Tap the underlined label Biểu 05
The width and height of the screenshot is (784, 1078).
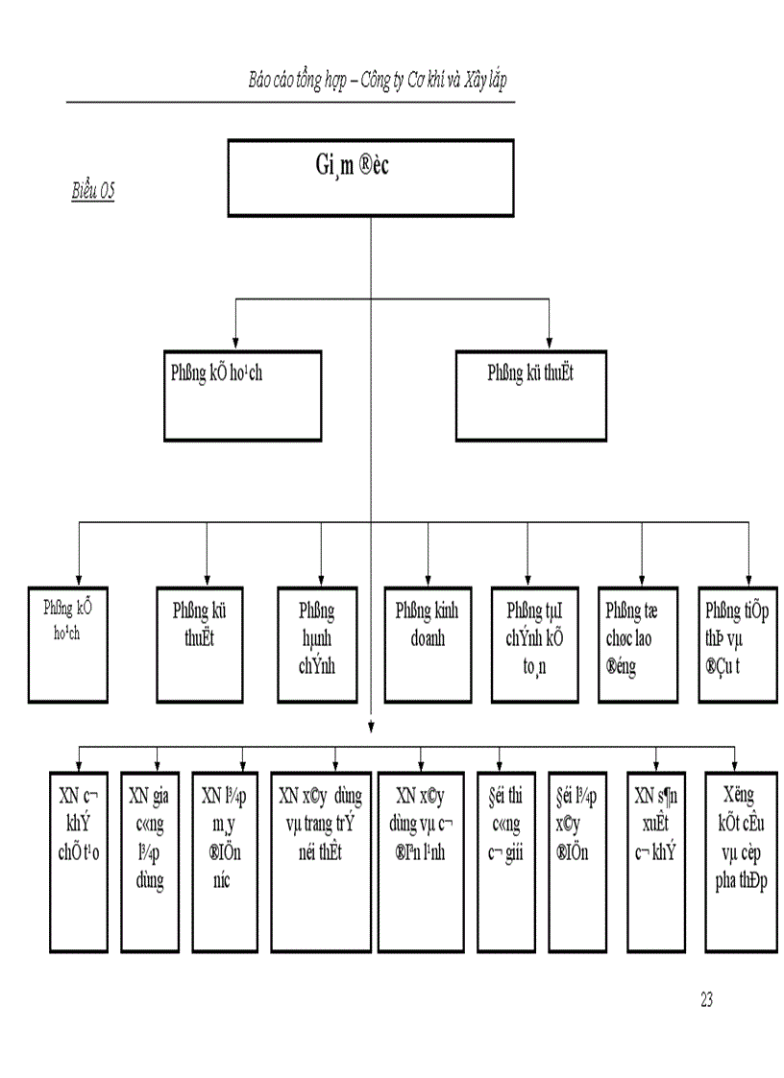(93, 192)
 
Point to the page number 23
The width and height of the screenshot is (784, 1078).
(706, 999)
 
